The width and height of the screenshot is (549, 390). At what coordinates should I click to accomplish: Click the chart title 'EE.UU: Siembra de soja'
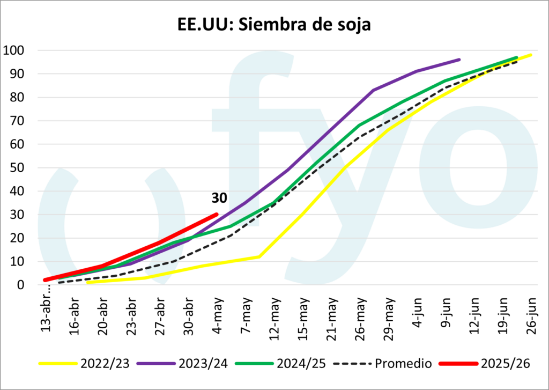(274, 25)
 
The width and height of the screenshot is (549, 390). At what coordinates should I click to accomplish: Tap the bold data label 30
(219, 198)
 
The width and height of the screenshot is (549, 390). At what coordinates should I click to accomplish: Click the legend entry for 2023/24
(182, 364)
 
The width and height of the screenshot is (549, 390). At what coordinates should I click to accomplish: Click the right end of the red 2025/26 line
(217, 215)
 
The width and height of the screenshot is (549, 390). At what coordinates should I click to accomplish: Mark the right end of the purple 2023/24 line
(459, 60)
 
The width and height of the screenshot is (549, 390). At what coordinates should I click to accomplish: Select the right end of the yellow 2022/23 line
(531, 55)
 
